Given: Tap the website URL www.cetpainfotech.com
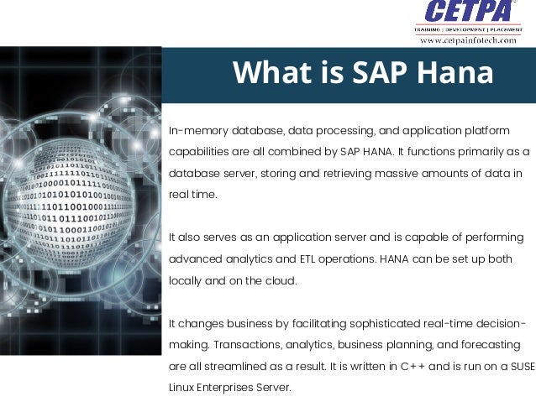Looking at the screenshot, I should point(467,39).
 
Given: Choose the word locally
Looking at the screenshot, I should point(187,280).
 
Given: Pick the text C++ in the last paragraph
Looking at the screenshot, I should point(412,366).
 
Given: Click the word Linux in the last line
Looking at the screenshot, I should point(184,387).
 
